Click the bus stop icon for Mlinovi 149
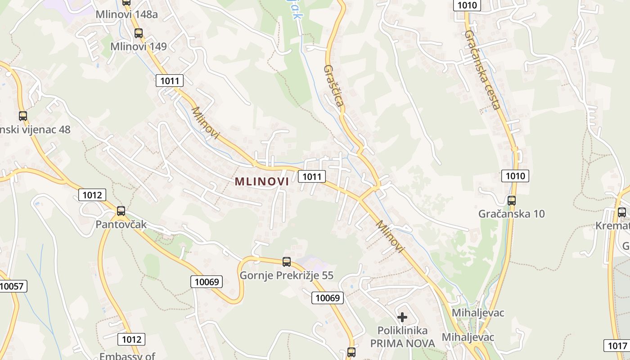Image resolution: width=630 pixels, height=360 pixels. coord(138,33)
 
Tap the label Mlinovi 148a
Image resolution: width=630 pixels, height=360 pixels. coord(126,14)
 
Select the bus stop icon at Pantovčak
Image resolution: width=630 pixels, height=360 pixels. coord(121,211)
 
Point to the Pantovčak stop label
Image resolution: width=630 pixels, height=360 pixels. coord(121,224)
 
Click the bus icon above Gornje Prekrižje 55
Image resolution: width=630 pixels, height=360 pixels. coord(286,261)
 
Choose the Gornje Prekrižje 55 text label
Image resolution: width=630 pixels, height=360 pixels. coord(286,275)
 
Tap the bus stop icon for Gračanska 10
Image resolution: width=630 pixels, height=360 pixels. coord(511,201)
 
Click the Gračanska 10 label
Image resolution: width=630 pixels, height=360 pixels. coord(511,214)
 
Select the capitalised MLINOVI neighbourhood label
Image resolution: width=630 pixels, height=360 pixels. coord(261,181)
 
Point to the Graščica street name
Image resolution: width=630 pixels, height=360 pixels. coord(334,86)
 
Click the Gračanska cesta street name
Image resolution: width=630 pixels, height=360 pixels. coord(482,70)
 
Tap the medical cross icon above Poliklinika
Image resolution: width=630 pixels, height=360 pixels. coord(402,317)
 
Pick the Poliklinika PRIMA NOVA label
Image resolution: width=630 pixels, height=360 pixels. coord(402,337)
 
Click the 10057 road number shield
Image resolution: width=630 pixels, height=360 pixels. coord(13,286)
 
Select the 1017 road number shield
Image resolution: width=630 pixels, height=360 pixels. coord(616,346)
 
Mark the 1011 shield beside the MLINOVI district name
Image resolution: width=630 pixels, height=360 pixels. coord(311,176)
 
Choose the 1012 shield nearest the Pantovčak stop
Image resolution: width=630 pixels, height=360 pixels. coord(92,195)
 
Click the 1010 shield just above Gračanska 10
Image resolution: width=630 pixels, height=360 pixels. coord(515,176)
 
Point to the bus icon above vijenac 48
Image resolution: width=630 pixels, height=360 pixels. coord(23,116)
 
